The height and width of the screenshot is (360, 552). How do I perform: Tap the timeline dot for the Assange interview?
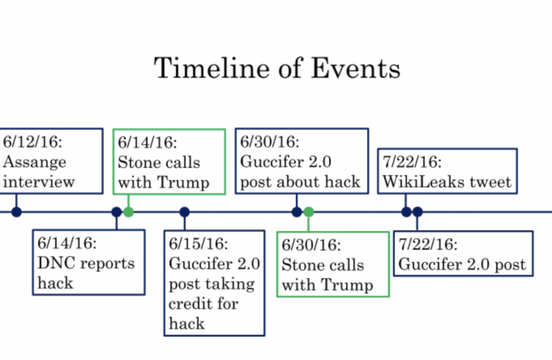17,212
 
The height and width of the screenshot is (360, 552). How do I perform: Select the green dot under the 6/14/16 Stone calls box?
129,212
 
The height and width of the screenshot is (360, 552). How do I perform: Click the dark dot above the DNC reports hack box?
116,212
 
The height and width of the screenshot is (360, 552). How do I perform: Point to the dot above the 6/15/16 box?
184,212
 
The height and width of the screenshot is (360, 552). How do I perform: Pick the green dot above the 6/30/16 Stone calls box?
309,212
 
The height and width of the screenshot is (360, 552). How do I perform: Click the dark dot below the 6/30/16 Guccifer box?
297,212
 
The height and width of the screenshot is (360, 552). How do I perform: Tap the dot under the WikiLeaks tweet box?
406,212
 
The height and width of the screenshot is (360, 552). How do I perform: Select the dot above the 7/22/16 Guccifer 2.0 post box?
417,212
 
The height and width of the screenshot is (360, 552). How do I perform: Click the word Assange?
34,162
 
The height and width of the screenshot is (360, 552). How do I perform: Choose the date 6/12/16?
32,142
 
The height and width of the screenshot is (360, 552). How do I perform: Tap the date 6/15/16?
198,244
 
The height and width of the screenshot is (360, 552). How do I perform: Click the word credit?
190,303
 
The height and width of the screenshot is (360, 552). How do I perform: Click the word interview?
39,182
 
